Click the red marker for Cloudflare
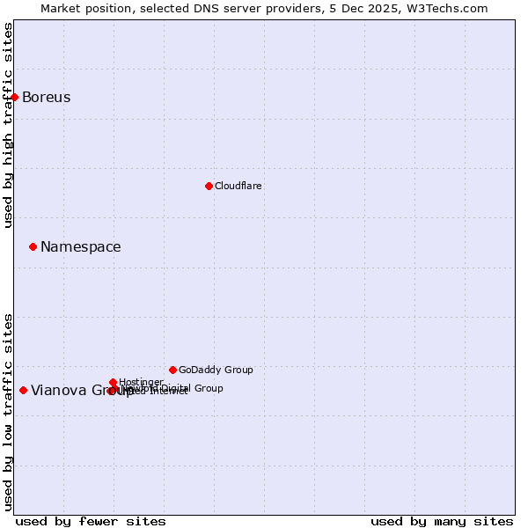[209, 186]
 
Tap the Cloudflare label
[238, 186]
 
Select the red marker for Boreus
[15, 97]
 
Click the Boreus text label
[46, 98]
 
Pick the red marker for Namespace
[33, 246]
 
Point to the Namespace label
[80, 247]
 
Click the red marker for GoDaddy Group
[172, 370]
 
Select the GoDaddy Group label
[215, 370]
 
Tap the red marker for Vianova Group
[23, 390]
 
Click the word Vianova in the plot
[59, 391]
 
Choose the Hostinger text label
[141, 382]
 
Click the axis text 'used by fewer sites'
[91, 521]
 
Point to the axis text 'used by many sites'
[441, 521]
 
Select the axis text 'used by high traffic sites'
[8, 125]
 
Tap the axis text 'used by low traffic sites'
[8, 411]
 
